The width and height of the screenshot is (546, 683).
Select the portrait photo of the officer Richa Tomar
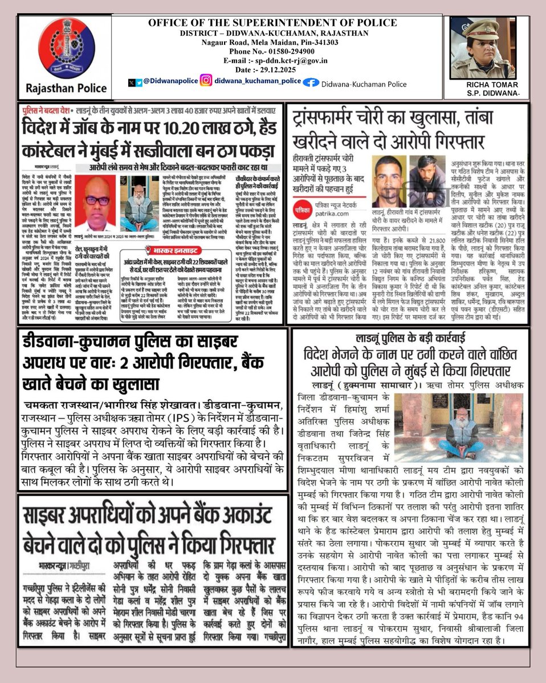point(484,49)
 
